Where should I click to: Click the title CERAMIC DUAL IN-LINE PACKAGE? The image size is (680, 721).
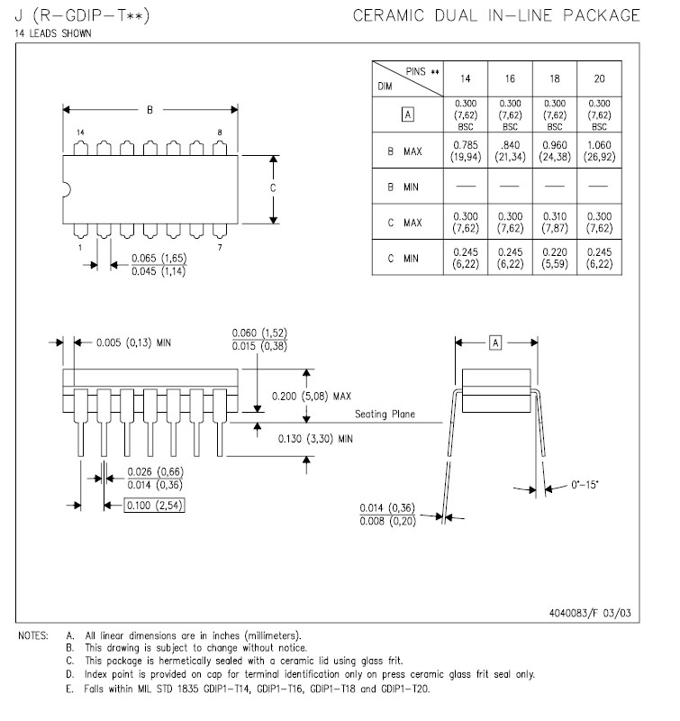pyautogui.click(x=496, y=15)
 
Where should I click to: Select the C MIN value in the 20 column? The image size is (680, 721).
pyautogui.click(x=600, y=259)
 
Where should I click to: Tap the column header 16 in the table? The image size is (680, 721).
pyautogui.click(x=510, y=79)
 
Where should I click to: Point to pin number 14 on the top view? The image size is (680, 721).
pyautogui.click(x=80, y=132)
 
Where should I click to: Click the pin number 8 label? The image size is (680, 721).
pyautogui.click(x=220, y=132)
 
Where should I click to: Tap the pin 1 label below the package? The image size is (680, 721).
pyautogui.click(x=80, y=246)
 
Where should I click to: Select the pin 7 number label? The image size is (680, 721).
pyautogui.click(x=220, y=246)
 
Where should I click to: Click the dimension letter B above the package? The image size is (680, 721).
pyautogui.click(x=150, y=110)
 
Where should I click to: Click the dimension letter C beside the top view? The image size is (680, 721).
pyautogui.click(x=273, y=188)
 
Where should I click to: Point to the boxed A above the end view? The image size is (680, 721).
pyautogui.click(x=495, y=342)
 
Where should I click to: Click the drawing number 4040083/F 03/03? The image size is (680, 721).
pyautogui.click(x=590, y=613)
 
